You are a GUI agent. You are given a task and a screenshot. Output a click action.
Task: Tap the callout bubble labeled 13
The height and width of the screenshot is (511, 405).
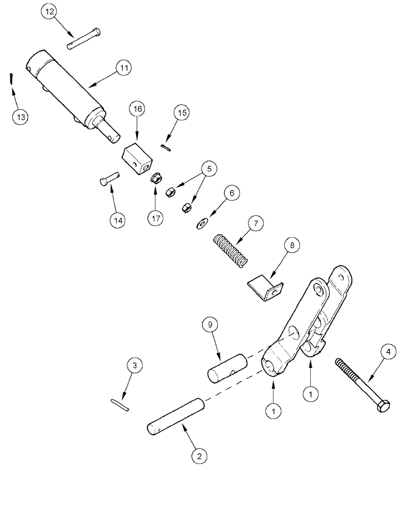(x=19, y=117)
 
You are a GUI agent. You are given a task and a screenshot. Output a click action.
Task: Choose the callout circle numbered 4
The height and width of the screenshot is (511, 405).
(x=388, y=352)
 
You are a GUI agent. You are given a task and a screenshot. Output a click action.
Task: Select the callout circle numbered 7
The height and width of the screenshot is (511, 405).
(x=256, y=224)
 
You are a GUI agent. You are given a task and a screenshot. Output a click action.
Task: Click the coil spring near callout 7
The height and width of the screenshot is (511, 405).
(x=230, y=249)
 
